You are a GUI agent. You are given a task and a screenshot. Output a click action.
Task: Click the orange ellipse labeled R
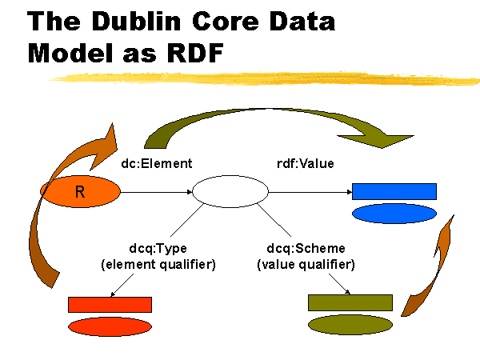pyautogui.click(x=80, y=192)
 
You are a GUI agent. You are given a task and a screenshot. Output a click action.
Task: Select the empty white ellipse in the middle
pyautogui.click(x=230, y=192)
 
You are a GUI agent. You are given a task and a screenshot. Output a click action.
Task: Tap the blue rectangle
pyautogui.click(x=394, y=192)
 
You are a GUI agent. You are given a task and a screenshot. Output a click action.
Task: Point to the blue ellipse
pyautogui.click(x=394, y=214)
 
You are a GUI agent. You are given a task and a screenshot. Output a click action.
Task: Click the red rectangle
pyautogui.click(x=110, y=305)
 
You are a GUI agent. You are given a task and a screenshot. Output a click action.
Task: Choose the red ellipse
pyautogui.click(x=110, y=326)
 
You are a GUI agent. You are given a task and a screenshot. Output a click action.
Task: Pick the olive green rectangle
pyautogui.click(x=350, y=302)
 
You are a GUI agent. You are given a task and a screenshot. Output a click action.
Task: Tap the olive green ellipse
pyautogui.click(x=350, y=325)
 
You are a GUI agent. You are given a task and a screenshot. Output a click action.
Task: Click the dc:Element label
pyautogui.click(x=157, y=163)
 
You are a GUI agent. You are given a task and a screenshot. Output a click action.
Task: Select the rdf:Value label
pyautogui.click(x=306, y=163)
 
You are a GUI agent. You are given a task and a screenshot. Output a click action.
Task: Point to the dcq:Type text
pyautogui.click(x=158, y=248)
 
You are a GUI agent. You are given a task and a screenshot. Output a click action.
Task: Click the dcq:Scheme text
pyautogui.click(x=306, y=248)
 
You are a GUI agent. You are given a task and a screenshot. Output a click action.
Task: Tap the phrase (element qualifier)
pyautogui.click(x=158, y=264)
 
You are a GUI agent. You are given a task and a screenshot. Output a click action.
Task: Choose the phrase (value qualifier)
pyautogui.click(x=306, y=264)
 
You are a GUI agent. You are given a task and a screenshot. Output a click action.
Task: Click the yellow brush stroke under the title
pyautogui.click(x=263, y=78)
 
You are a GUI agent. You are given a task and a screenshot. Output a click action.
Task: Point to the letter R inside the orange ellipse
pyautogui.click(x=80, y=192)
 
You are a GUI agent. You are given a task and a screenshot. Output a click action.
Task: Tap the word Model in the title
pyautogui.click(x=70, y=53)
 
